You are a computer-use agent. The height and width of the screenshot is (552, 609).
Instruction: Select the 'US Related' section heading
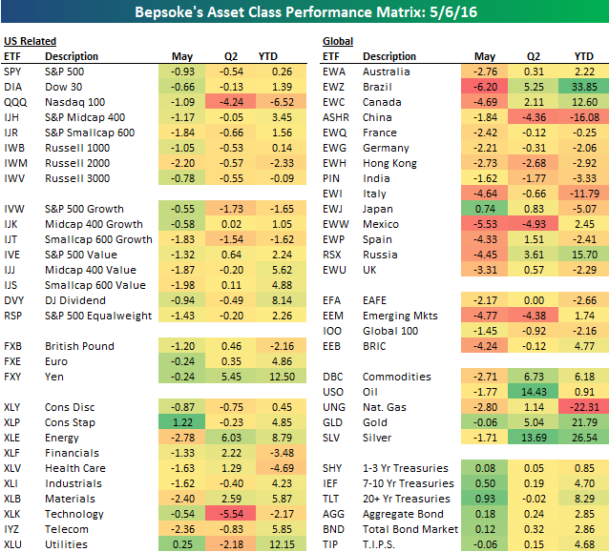(30, 42)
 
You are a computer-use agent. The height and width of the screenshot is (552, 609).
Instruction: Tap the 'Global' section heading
(338, 42)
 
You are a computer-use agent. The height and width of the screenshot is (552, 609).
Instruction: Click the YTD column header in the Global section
(583, 56)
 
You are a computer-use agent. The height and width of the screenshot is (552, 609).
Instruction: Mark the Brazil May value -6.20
(485, 85)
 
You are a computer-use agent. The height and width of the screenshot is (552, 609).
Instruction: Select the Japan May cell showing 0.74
(485, 209)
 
